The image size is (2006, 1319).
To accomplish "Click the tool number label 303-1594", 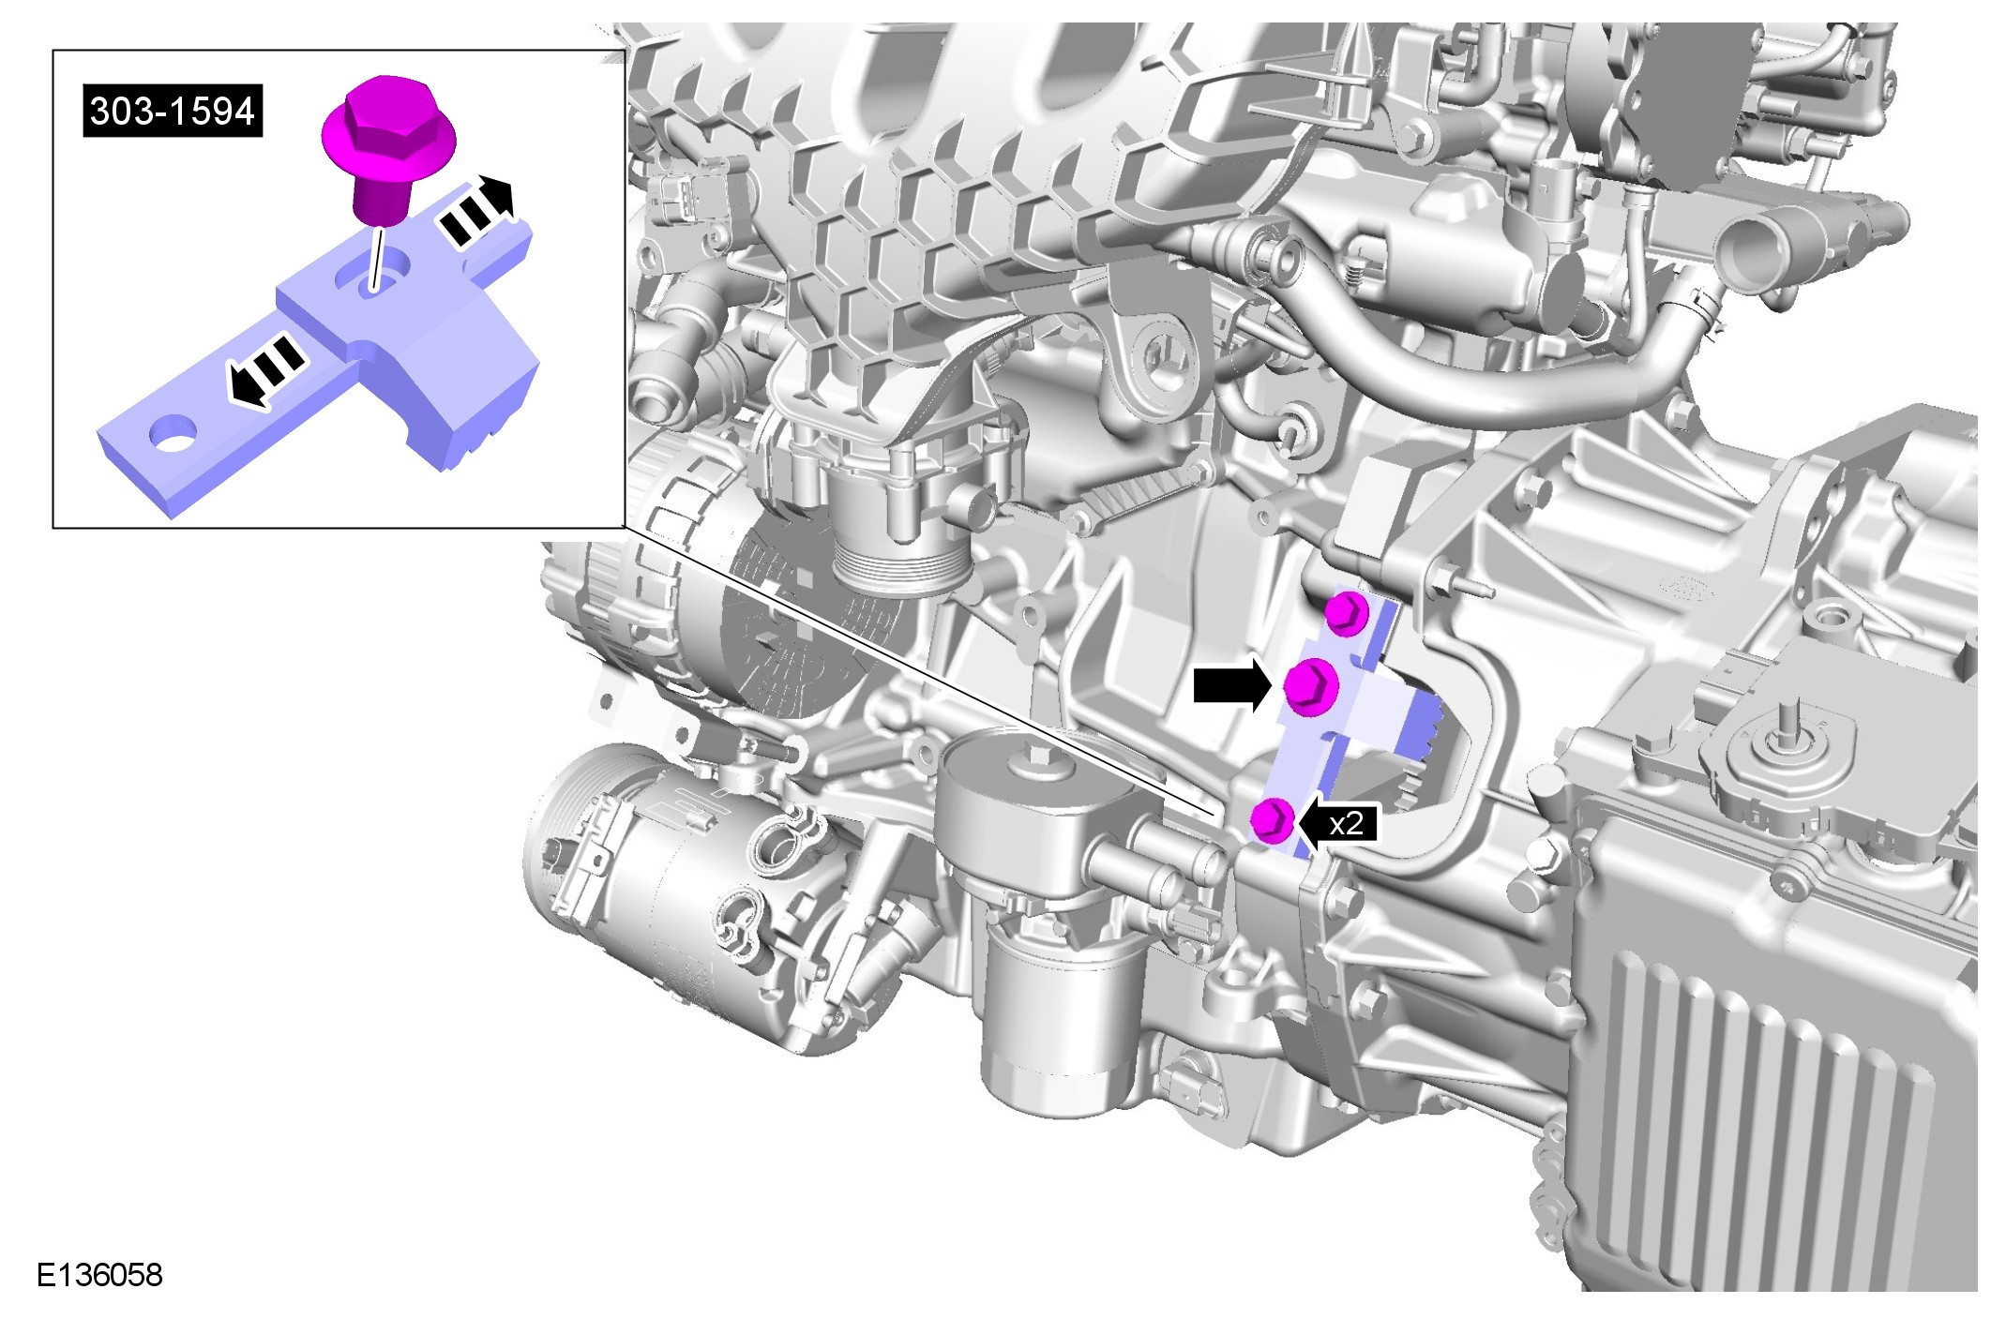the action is coord(173,112).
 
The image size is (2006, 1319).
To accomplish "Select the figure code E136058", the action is coord(99,1275).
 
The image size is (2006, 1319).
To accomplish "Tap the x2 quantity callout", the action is coord(1346,823).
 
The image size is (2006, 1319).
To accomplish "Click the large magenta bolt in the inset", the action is coord(387,149).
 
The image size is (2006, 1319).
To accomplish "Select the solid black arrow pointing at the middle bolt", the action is coord(1231,684).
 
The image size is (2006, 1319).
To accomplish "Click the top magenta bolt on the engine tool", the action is coord(1347,612).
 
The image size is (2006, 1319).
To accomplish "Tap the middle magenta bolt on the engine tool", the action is coord(1309,686).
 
